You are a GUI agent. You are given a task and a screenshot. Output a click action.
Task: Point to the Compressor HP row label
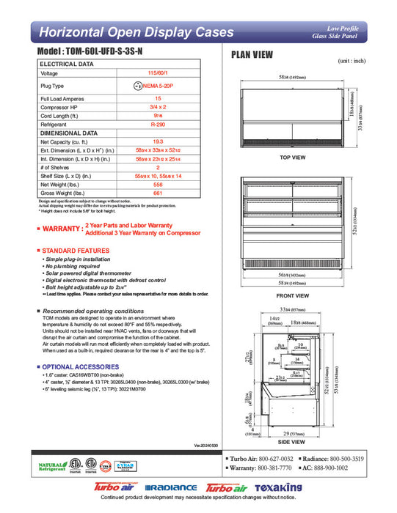pyautogui.click(x=60, y=107)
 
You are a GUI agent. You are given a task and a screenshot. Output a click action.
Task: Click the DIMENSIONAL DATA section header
pyautogui.click(x=68, y=133)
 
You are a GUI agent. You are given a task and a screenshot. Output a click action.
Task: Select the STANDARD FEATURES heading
pyautogui.click(x=74, y=251)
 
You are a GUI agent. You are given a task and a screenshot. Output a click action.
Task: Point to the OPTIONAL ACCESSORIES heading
pyautogui.click(x=79, y=366)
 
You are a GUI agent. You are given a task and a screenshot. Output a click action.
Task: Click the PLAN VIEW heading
pyautogui.click(x=253, y=54)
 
